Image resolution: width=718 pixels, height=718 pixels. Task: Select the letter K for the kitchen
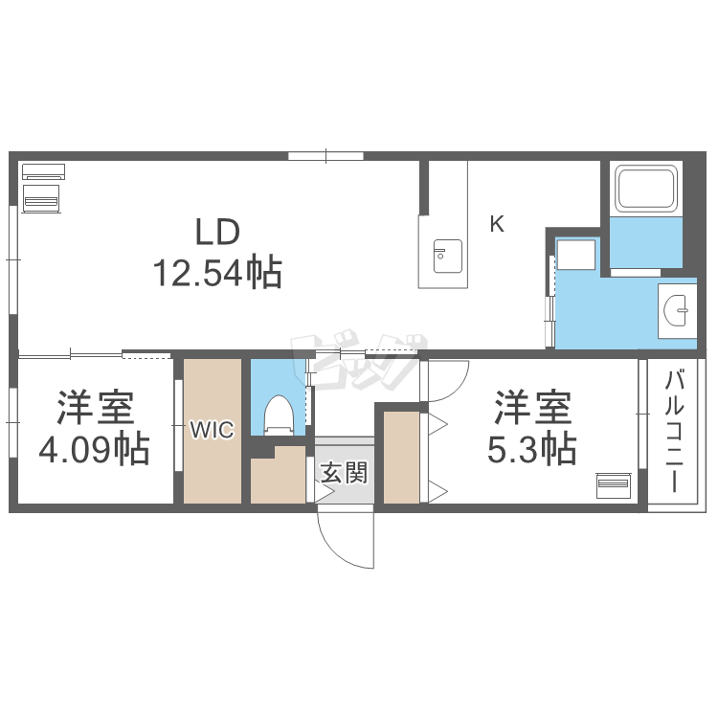pyautogui.click(x=497, y=225)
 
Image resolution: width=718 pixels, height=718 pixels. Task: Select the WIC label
pyautogui.click(x=211, y=431)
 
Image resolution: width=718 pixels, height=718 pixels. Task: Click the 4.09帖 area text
pyautogui.click(x=94, y=448)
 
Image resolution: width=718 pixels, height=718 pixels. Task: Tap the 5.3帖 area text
pyautogui.click(x=531, y=448)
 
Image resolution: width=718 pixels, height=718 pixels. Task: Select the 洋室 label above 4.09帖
pyautogui.click(x=94, y=409)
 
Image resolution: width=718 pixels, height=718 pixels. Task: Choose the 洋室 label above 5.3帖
pyautogui.click(x=532, y=409)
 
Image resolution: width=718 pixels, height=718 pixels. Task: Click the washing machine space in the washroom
pyautogui.click(x=576, y=257)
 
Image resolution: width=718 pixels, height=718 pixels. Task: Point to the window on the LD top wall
pyautogui.click(x=325, y=155)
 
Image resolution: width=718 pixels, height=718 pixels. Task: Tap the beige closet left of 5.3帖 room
pyautogui.click(x=402, y=457)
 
